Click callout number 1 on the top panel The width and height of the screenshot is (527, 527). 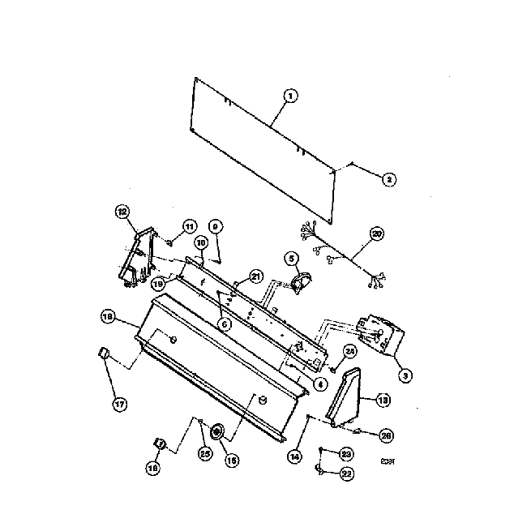click(x=290, y=95)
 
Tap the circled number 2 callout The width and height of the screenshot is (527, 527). click(x=388, y=179)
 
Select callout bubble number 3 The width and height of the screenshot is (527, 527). click(x=403, y=375)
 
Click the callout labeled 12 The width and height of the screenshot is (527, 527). click(x=122, y=212)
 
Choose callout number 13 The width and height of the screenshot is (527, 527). click(x=383, y=399)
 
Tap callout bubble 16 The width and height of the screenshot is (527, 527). click(x=152, y=466)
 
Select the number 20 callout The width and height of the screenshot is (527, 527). click(x=377, y=235)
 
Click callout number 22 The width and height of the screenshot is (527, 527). click(x=346, y=473)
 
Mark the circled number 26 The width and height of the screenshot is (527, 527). click(x=386, y=435)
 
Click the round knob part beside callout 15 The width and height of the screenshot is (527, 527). click(x=216, y=432)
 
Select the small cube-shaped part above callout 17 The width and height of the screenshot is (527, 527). click(x=103, y=353)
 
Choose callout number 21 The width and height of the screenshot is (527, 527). click(x=255, y=276)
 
